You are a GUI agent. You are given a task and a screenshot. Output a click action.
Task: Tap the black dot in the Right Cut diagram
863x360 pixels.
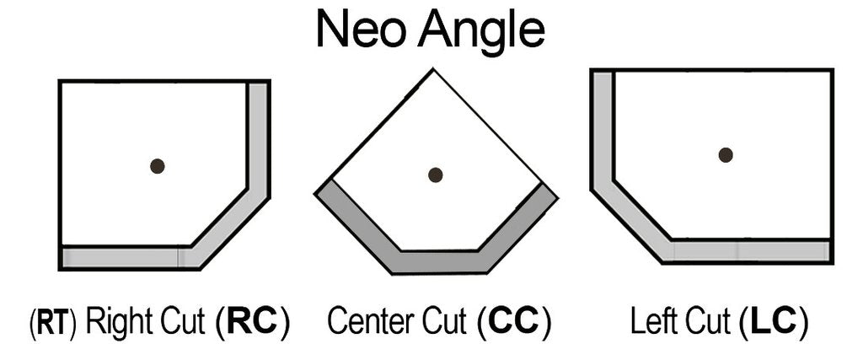[157, 166]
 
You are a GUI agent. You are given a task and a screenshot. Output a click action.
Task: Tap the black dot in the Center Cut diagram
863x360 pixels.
[435, 175]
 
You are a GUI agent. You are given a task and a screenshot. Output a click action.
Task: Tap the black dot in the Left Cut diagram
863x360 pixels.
[725, 154]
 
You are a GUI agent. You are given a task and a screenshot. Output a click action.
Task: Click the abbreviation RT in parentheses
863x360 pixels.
[51, 322]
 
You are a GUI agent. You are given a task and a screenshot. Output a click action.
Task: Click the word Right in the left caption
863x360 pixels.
[117, 322]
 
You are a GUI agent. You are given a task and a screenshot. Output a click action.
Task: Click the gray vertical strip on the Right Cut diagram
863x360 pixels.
[258, 135]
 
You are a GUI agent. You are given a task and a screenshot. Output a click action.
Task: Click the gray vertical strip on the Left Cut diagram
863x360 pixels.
[602, 126]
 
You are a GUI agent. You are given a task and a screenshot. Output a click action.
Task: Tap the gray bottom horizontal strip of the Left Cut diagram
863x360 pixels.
[750, 251]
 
